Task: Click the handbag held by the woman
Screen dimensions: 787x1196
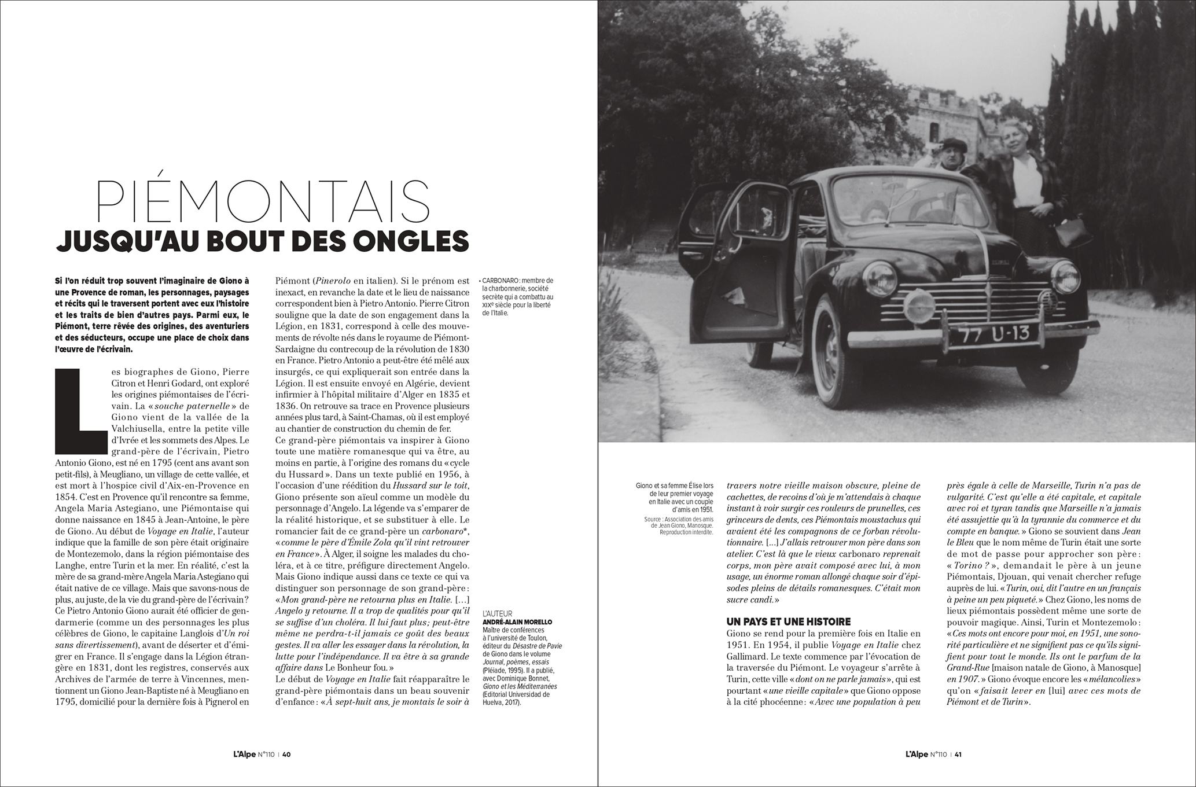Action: click(x=1069, y=233)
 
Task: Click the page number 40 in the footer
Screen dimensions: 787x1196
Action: click(x=286, y=754)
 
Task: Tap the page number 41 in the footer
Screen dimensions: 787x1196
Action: click(x=958, y=754)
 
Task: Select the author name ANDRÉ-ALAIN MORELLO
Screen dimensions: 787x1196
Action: click(x=517, y=622)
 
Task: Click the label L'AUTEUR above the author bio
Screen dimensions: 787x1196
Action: click(x=497, y=613)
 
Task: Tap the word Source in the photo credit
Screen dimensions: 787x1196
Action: click(x=653, y=519)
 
